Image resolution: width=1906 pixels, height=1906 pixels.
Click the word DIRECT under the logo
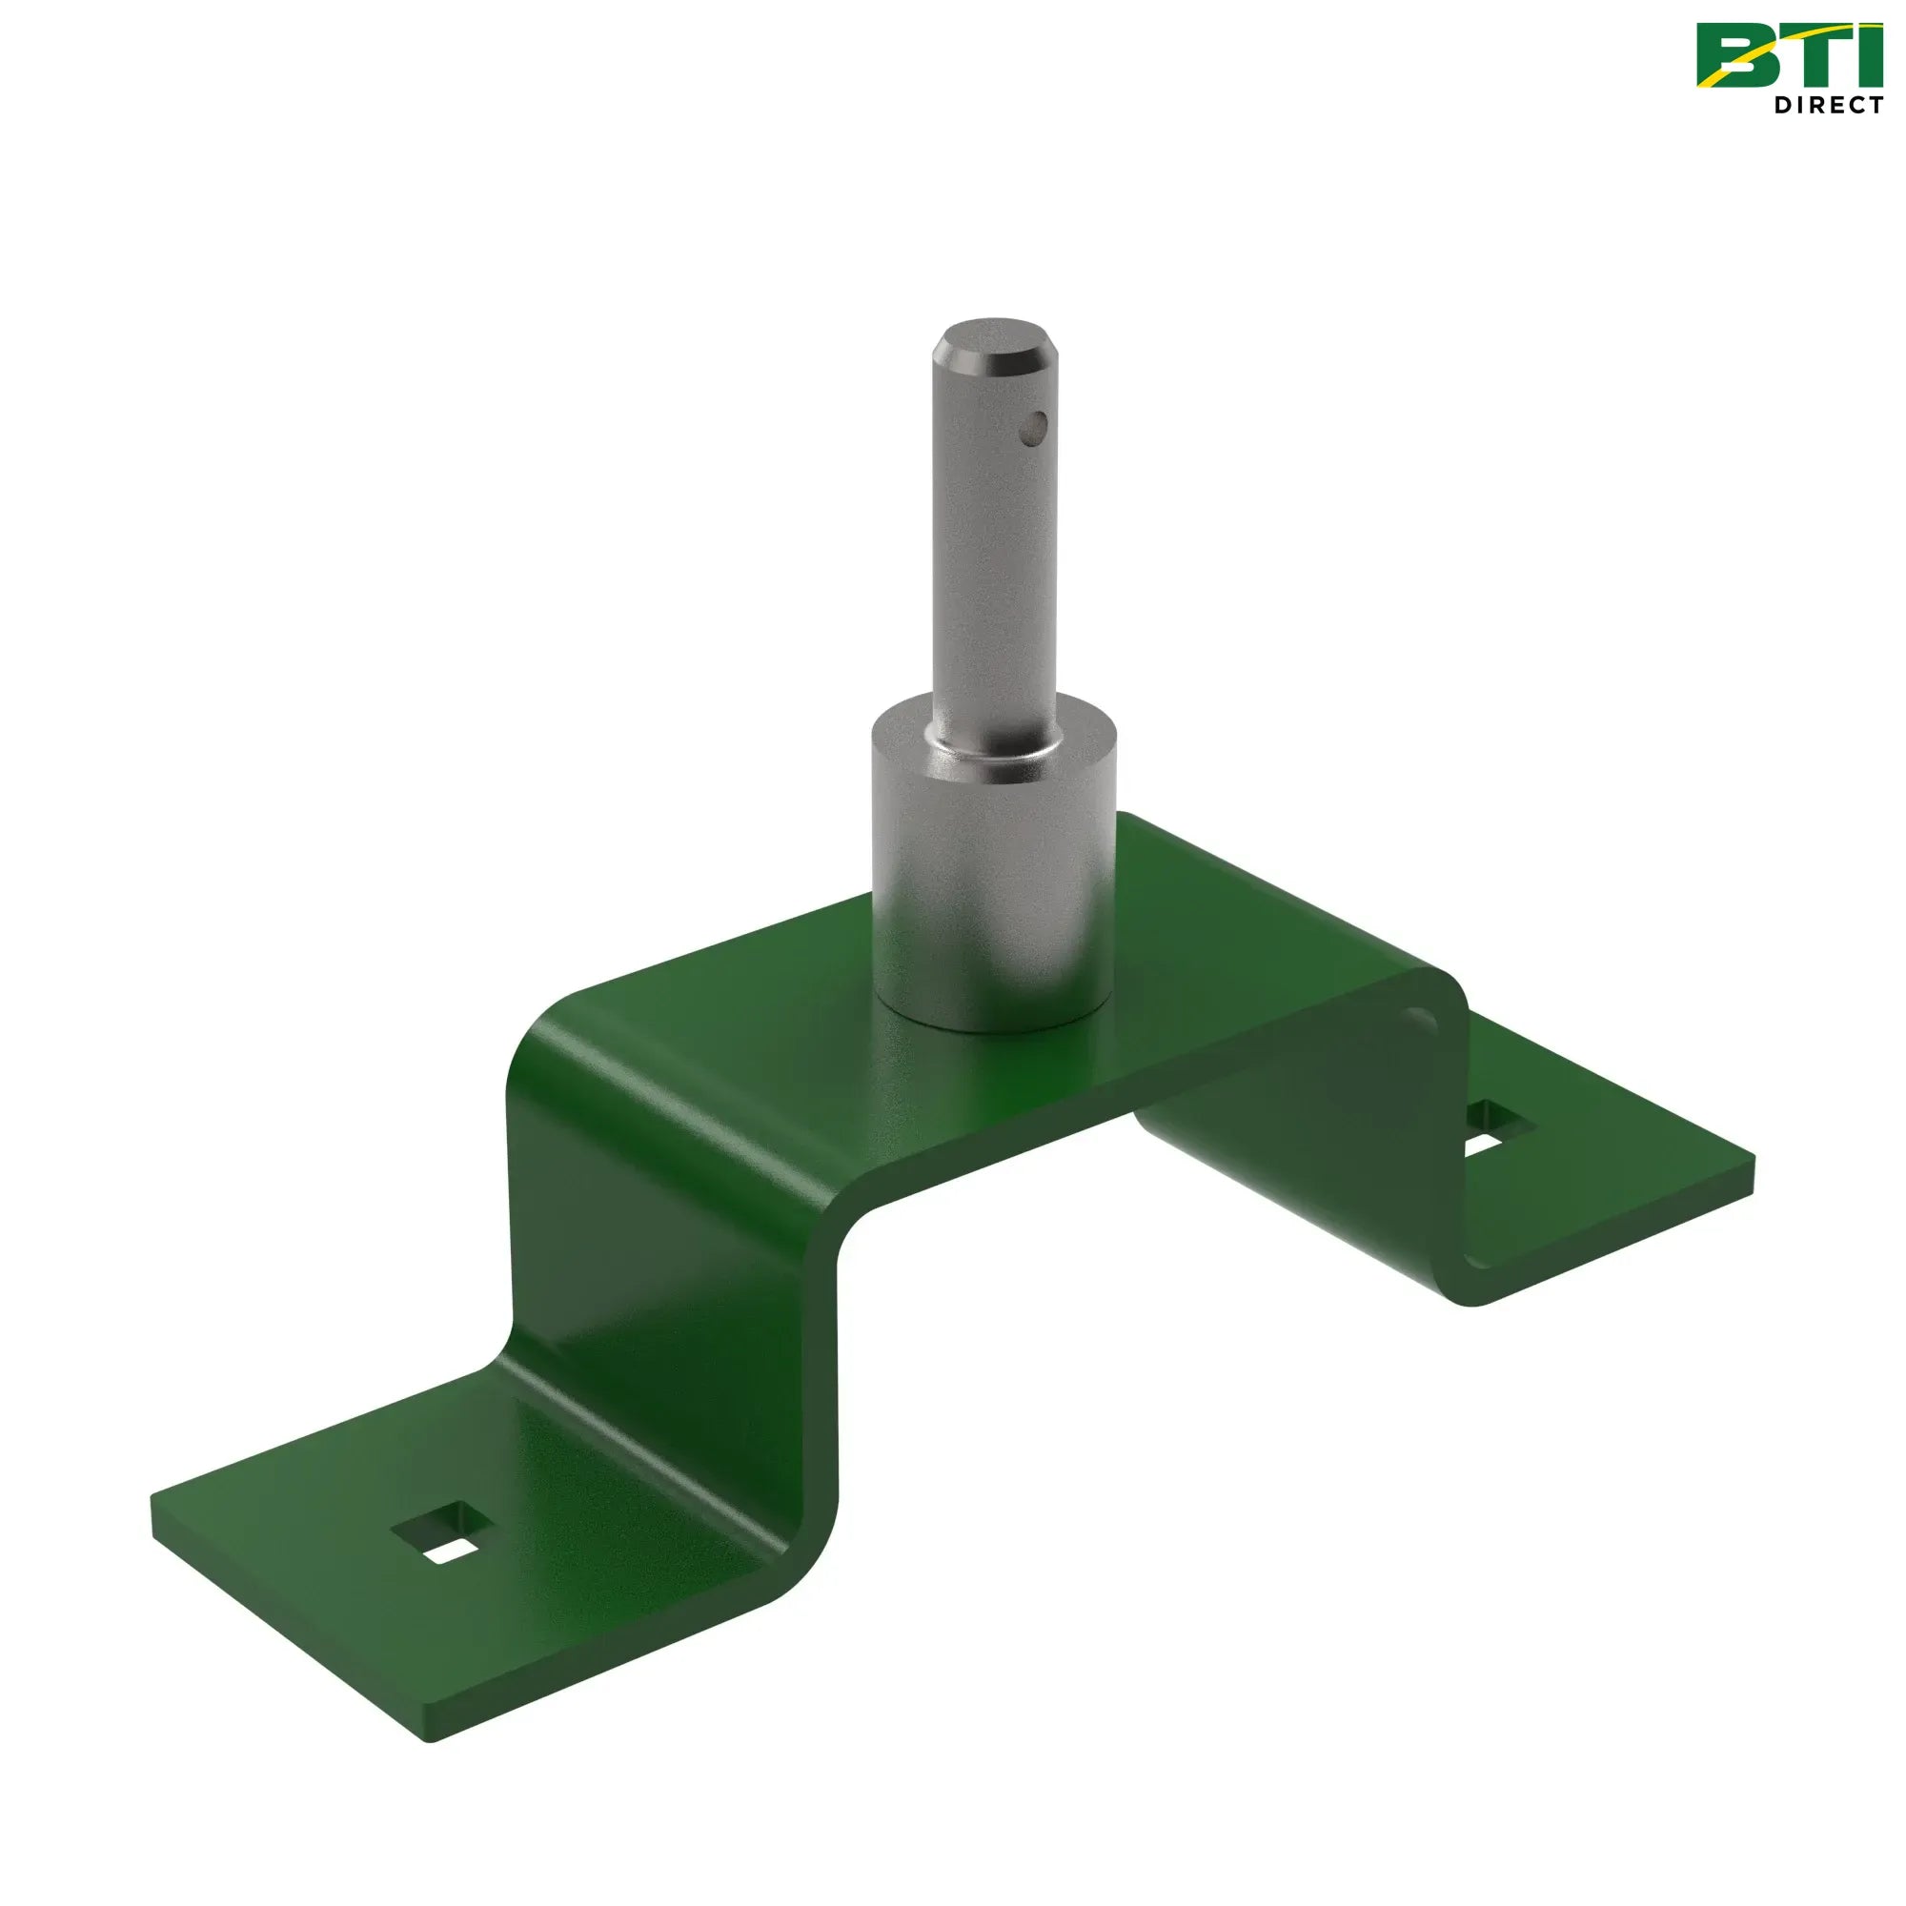1828,105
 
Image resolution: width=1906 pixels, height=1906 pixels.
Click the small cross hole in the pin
1033,426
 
